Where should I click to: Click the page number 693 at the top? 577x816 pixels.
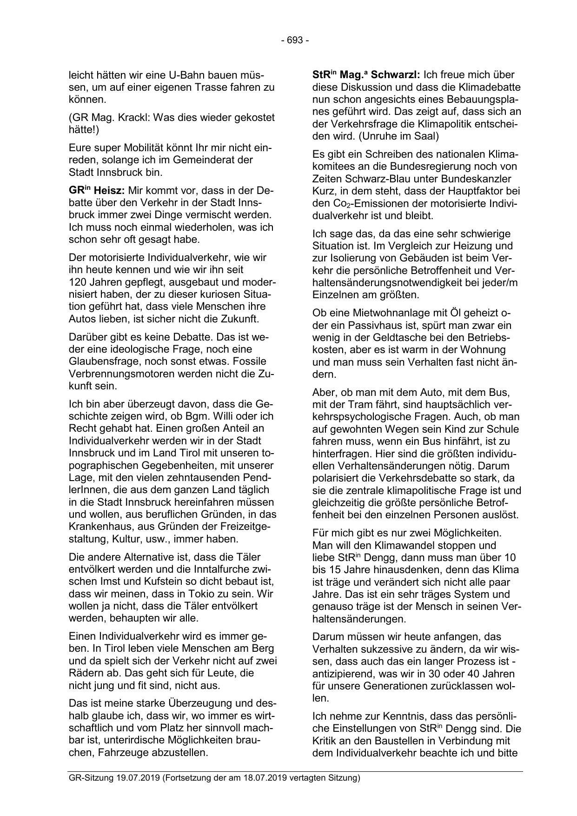tap(295, 40)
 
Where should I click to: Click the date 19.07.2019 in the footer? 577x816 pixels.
tap(136, 778)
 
